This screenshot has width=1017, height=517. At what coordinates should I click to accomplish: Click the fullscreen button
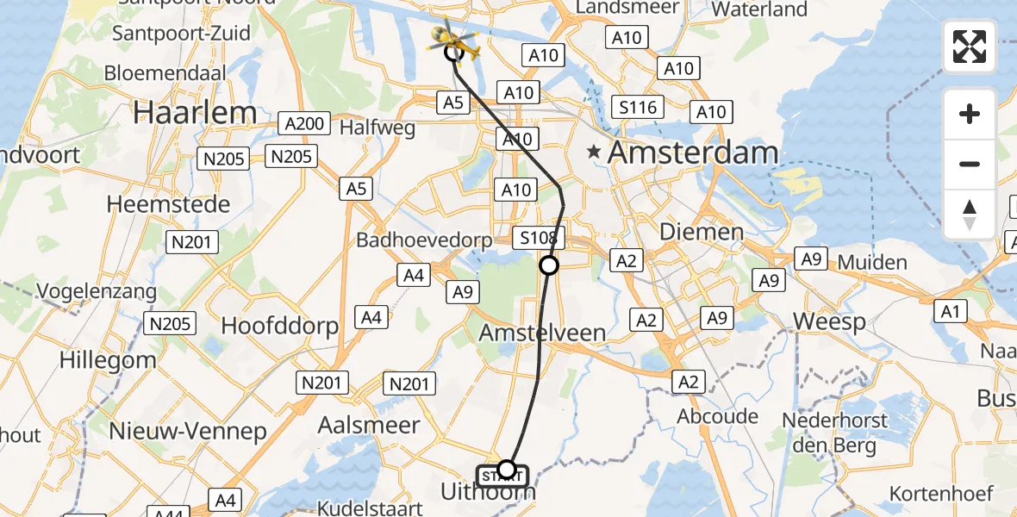tap(970, 47)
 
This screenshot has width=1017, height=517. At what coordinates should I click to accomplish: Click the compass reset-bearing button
tap(970, 214)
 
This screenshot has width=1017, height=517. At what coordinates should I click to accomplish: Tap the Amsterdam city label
tap(693, 154)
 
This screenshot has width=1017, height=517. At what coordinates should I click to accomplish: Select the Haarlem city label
tap(195, 112)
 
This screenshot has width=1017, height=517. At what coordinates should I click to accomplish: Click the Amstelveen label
tap(542, 332)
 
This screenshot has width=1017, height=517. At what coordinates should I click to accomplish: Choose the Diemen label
tap(701, 232)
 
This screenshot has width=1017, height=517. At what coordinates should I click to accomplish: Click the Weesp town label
tap(829, 321)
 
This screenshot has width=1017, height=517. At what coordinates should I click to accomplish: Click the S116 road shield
tap(638, 108)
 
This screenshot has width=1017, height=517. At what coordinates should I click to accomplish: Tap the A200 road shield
tap(304, 124)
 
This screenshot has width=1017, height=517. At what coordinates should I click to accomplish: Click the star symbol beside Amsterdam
tap(594, 153)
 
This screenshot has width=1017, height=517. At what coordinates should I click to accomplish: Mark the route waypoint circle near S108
tap(549, 265)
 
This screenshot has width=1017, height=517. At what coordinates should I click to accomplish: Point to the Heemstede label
tap(168, 205)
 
